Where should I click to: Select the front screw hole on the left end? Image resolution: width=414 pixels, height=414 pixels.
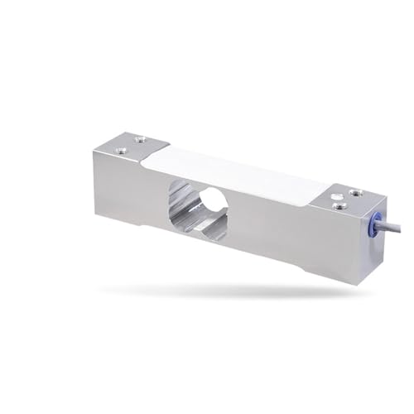pyautogui.click(x=122, y=152)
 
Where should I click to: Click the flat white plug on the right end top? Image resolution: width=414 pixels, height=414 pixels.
pyautogui.click(x=337, y=197)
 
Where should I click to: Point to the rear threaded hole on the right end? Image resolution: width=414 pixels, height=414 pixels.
pyautogui.click(x=355, y=192)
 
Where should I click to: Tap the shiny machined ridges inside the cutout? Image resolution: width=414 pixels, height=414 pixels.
pyautogui.click(x=192, y=219)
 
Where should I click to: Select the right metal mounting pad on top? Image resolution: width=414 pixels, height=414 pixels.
pyautogui.click(x=348, y=197)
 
